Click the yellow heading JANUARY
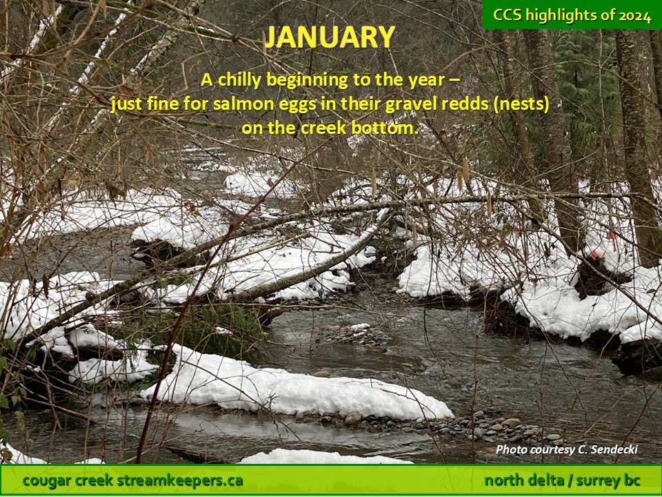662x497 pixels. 330,37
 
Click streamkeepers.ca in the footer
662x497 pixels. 179,480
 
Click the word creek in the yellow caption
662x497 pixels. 324,128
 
